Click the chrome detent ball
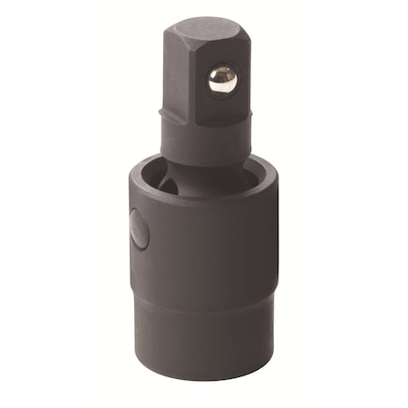click(x=222, y=79)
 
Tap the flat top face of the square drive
click(x=205, y=28)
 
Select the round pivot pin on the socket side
click(x=139, y=228)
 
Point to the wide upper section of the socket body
click(x=209, y=245)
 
